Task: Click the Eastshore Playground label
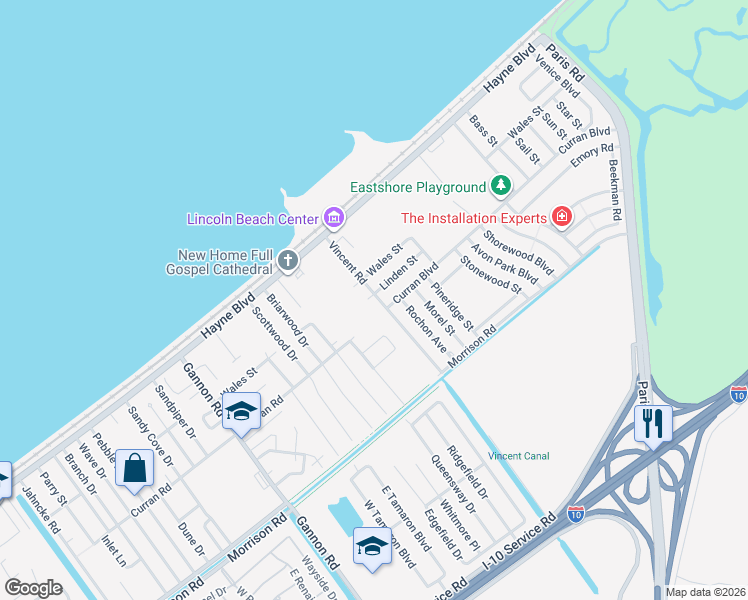(x=417, y=187)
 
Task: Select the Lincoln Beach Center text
(x=252, y=218)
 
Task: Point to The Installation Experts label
(x=473, y=217)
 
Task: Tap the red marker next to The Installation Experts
(x=563, y=217)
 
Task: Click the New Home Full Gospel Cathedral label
(x=225, y=262)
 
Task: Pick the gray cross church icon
(x=288, y=262)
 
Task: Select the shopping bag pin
(x=134, y=469)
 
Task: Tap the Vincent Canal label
(x=518, y=456)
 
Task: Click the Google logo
(x=34, y=588)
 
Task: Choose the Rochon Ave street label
(x=426, y=329)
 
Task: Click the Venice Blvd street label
(x=557, y=76)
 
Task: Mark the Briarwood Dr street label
(x=288, y=319)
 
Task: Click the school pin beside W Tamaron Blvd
(x=371, y=546)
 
